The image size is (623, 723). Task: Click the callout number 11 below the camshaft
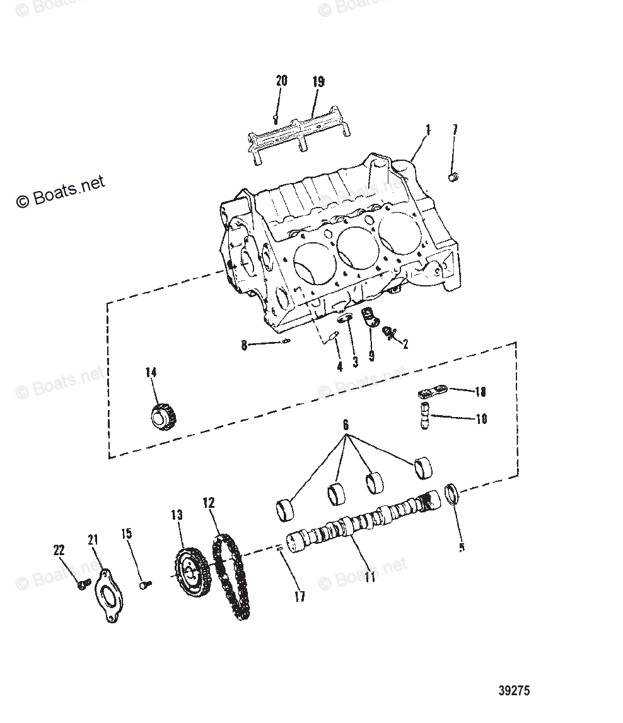pos(370,576)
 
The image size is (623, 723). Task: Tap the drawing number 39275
pos(514,690)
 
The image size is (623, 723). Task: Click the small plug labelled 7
pos(452,177)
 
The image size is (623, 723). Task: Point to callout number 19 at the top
pos(318,81)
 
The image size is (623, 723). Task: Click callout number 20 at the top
pos(281,81)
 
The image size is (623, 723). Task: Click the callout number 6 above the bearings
pos(345,425)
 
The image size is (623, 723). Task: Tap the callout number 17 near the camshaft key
pos(300,596)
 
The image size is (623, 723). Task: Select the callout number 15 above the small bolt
pos(127,534)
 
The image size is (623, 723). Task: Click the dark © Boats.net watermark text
pos(60,191)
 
